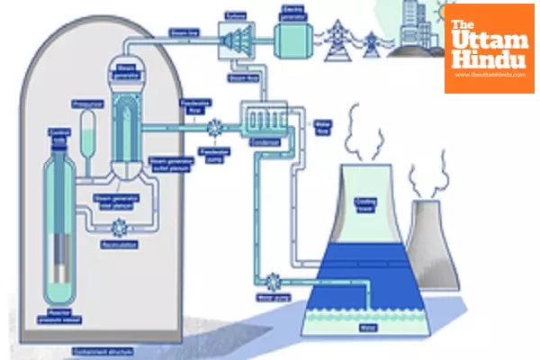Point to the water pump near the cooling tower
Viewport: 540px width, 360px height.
(271, 280)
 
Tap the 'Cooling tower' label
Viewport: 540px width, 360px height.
(364, 203)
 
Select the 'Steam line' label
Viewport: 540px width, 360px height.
(181, 33)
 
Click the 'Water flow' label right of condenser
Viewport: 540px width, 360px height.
(321, 123)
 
